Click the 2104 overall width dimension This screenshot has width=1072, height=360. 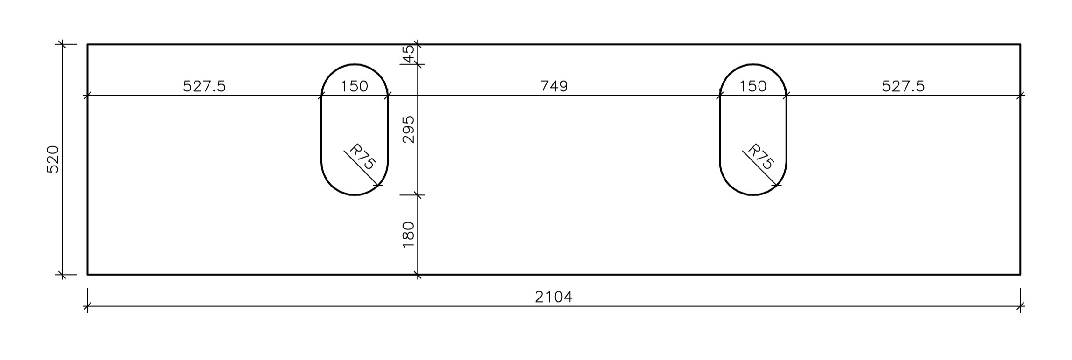pos(553,297)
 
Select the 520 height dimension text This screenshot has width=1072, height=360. pos(53,159)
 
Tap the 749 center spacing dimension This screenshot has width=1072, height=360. pos(554,86)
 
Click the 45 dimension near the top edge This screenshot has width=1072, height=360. pos(408,54)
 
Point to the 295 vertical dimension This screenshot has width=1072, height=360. pos(408,129)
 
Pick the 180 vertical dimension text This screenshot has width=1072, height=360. pos(408,235)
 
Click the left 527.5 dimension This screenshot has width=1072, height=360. pos(204,86)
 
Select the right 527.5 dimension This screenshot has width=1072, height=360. pos(903,86)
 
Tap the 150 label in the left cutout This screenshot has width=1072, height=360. pos(355,86)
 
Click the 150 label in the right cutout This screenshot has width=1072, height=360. pos(753,86)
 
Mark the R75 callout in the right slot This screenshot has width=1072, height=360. pos(761,157)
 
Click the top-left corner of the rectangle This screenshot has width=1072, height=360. pos(88,45)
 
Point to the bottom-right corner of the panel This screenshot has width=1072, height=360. pos(1020,275)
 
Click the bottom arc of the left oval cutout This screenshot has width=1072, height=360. pos(355,194)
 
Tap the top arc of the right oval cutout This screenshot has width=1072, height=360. pos(753,64)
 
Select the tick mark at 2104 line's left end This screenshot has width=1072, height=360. pos(87,307)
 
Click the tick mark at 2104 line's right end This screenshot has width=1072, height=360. pos(1020,307)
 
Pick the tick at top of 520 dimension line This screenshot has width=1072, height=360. pos(62,45)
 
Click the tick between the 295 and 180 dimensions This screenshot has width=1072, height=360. pos(418,195)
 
